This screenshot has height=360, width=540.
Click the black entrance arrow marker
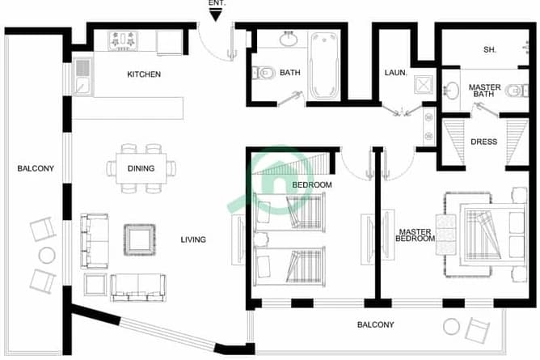(216, 15)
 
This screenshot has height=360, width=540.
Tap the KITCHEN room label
(144, 74)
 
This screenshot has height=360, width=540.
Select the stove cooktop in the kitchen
(123, 41)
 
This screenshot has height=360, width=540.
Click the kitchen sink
(82, 77)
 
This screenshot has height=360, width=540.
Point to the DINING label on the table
(141, 168)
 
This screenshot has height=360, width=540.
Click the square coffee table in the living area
(140, 239)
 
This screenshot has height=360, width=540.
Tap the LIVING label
(193, 239)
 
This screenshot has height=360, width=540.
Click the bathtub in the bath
(323, 66)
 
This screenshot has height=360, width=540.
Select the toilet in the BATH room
(264, 73)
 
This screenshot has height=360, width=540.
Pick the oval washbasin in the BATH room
(289, 39)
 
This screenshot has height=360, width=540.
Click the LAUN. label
(395, 73)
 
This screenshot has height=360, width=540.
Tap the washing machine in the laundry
(424, 84)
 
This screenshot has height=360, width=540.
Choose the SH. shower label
(489, 50)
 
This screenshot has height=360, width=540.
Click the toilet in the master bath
(517, 91)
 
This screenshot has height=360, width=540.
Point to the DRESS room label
(484, 142)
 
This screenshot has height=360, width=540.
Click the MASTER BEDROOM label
(415, 235)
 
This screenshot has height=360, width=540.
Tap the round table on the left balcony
(47, 256)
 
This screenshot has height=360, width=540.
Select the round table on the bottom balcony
(451, 326)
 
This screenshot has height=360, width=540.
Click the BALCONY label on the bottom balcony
(375, 325)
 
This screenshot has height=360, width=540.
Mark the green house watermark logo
(272, 179)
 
